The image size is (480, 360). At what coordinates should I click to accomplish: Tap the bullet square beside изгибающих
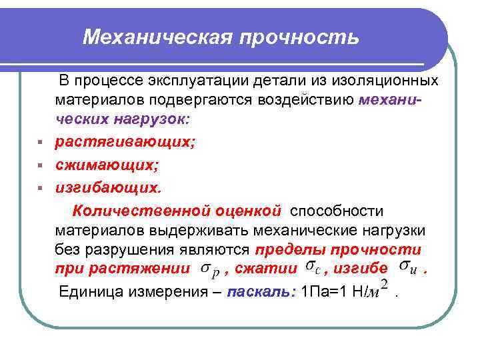click(x=41, y=188)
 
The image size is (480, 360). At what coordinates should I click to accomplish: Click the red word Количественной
click(x=141, y=211)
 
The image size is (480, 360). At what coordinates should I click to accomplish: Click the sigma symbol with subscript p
click(x=208, y=270)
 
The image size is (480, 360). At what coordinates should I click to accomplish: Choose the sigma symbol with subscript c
click(x=312, y=268)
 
